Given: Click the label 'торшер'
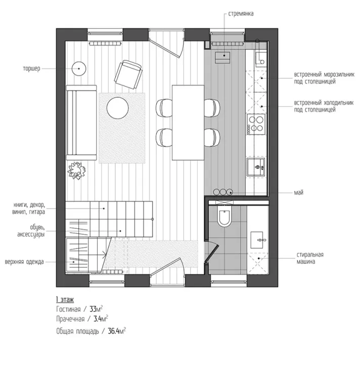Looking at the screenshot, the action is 31,69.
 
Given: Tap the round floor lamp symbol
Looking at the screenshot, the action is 79,68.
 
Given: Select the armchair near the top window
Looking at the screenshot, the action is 128,74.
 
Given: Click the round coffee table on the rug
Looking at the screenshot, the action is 118,108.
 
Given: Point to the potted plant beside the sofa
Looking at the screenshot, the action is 77,171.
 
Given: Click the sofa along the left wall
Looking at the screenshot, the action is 81,123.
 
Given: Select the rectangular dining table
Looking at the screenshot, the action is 188,123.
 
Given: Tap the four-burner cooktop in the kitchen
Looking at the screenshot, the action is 256,124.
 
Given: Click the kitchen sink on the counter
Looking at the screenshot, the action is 256,167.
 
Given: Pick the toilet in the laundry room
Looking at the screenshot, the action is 224,216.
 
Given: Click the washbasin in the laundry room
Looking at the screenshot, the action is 257,240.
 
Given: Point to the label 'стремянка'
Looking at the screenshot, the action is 241,14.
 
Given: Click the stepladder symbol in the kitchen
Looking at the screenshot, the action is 222,58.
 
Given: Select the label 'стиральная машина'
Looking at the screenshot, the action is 310,258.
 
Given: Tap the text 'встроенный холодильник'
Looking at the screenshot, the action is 324,103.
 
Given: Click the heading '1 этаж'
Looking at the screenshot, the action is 65,300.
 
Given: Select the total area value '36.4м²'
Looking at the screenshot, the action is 117,331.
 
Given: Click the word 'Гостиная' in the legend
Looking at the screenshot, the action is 68,309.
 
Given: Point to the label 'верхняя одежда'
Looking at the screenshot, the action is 24,262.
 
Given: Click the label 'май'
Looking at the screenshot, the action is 298,193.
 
